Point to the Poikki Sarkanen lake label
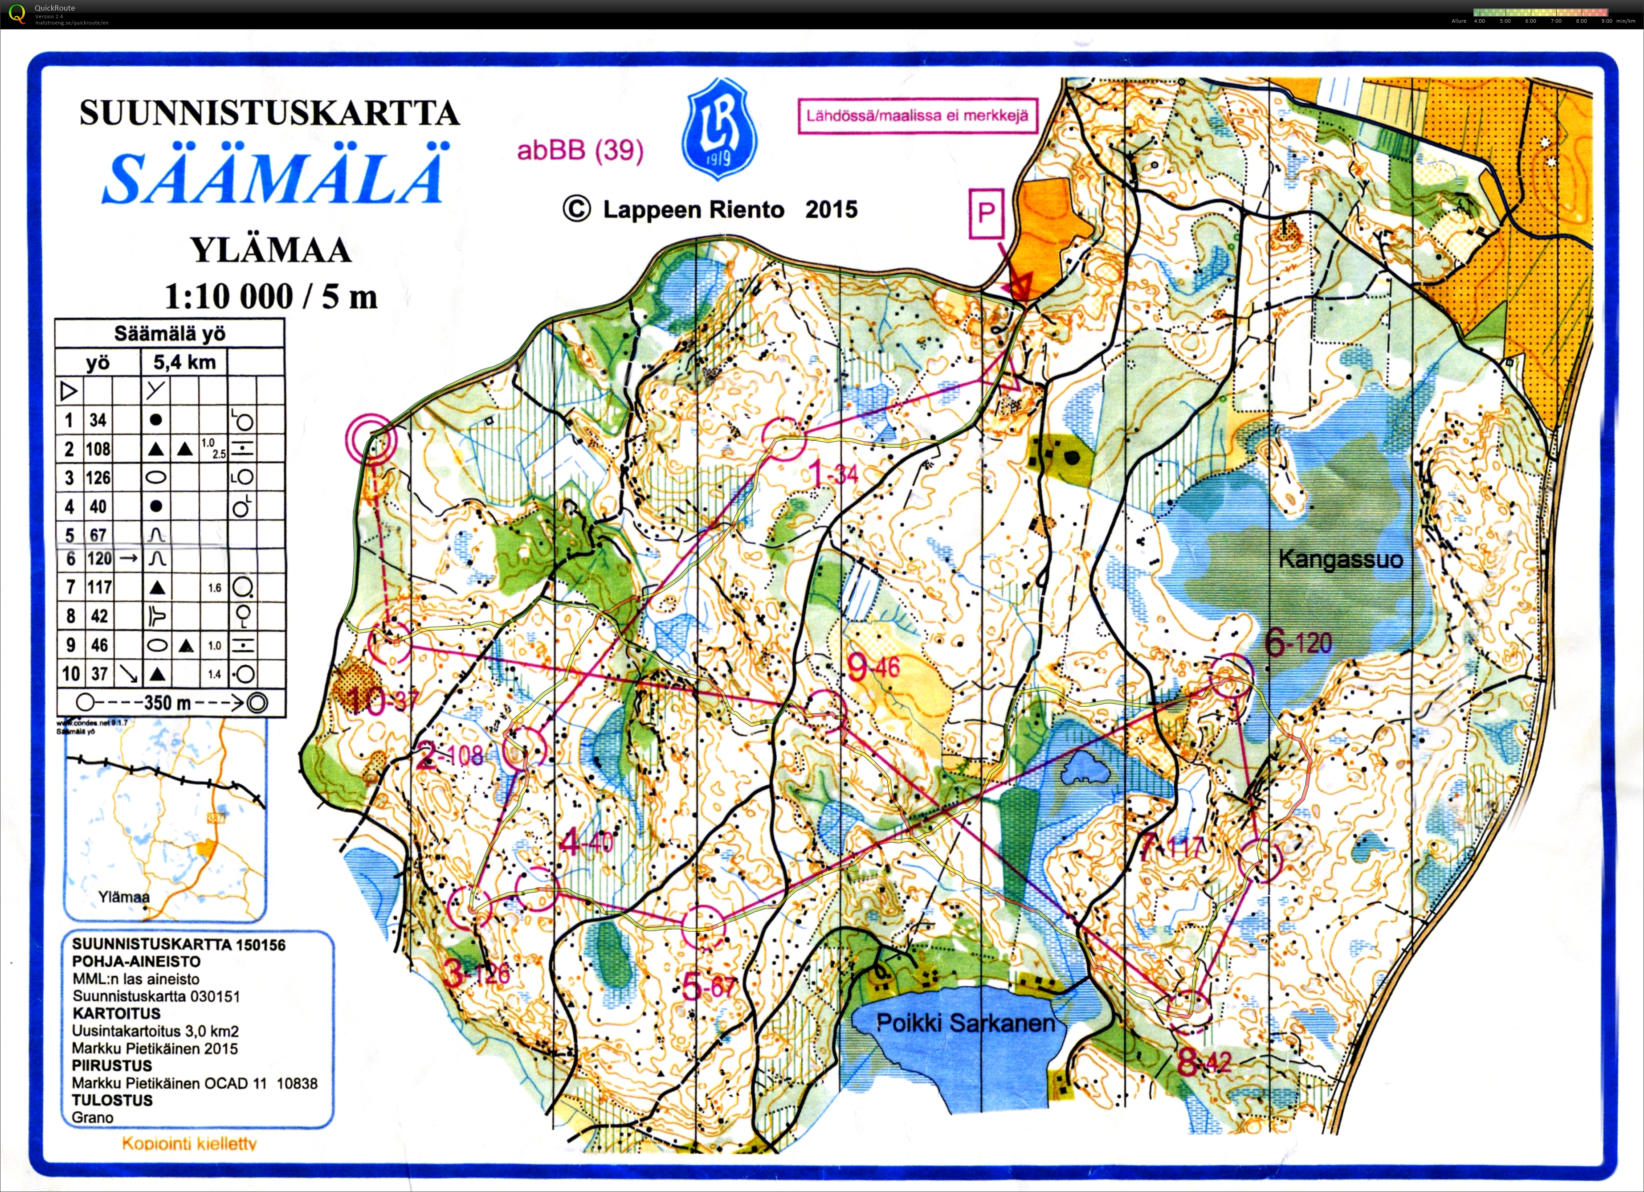click(x=966, y=1023)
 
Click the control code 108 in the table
click(x=98, y=449)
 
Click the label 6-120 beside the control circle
click(x=1297, y=643)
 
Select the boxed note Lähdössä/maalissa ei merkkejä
click(x=917, y=116)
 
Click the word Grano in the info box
click(x=93, y=1117)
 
